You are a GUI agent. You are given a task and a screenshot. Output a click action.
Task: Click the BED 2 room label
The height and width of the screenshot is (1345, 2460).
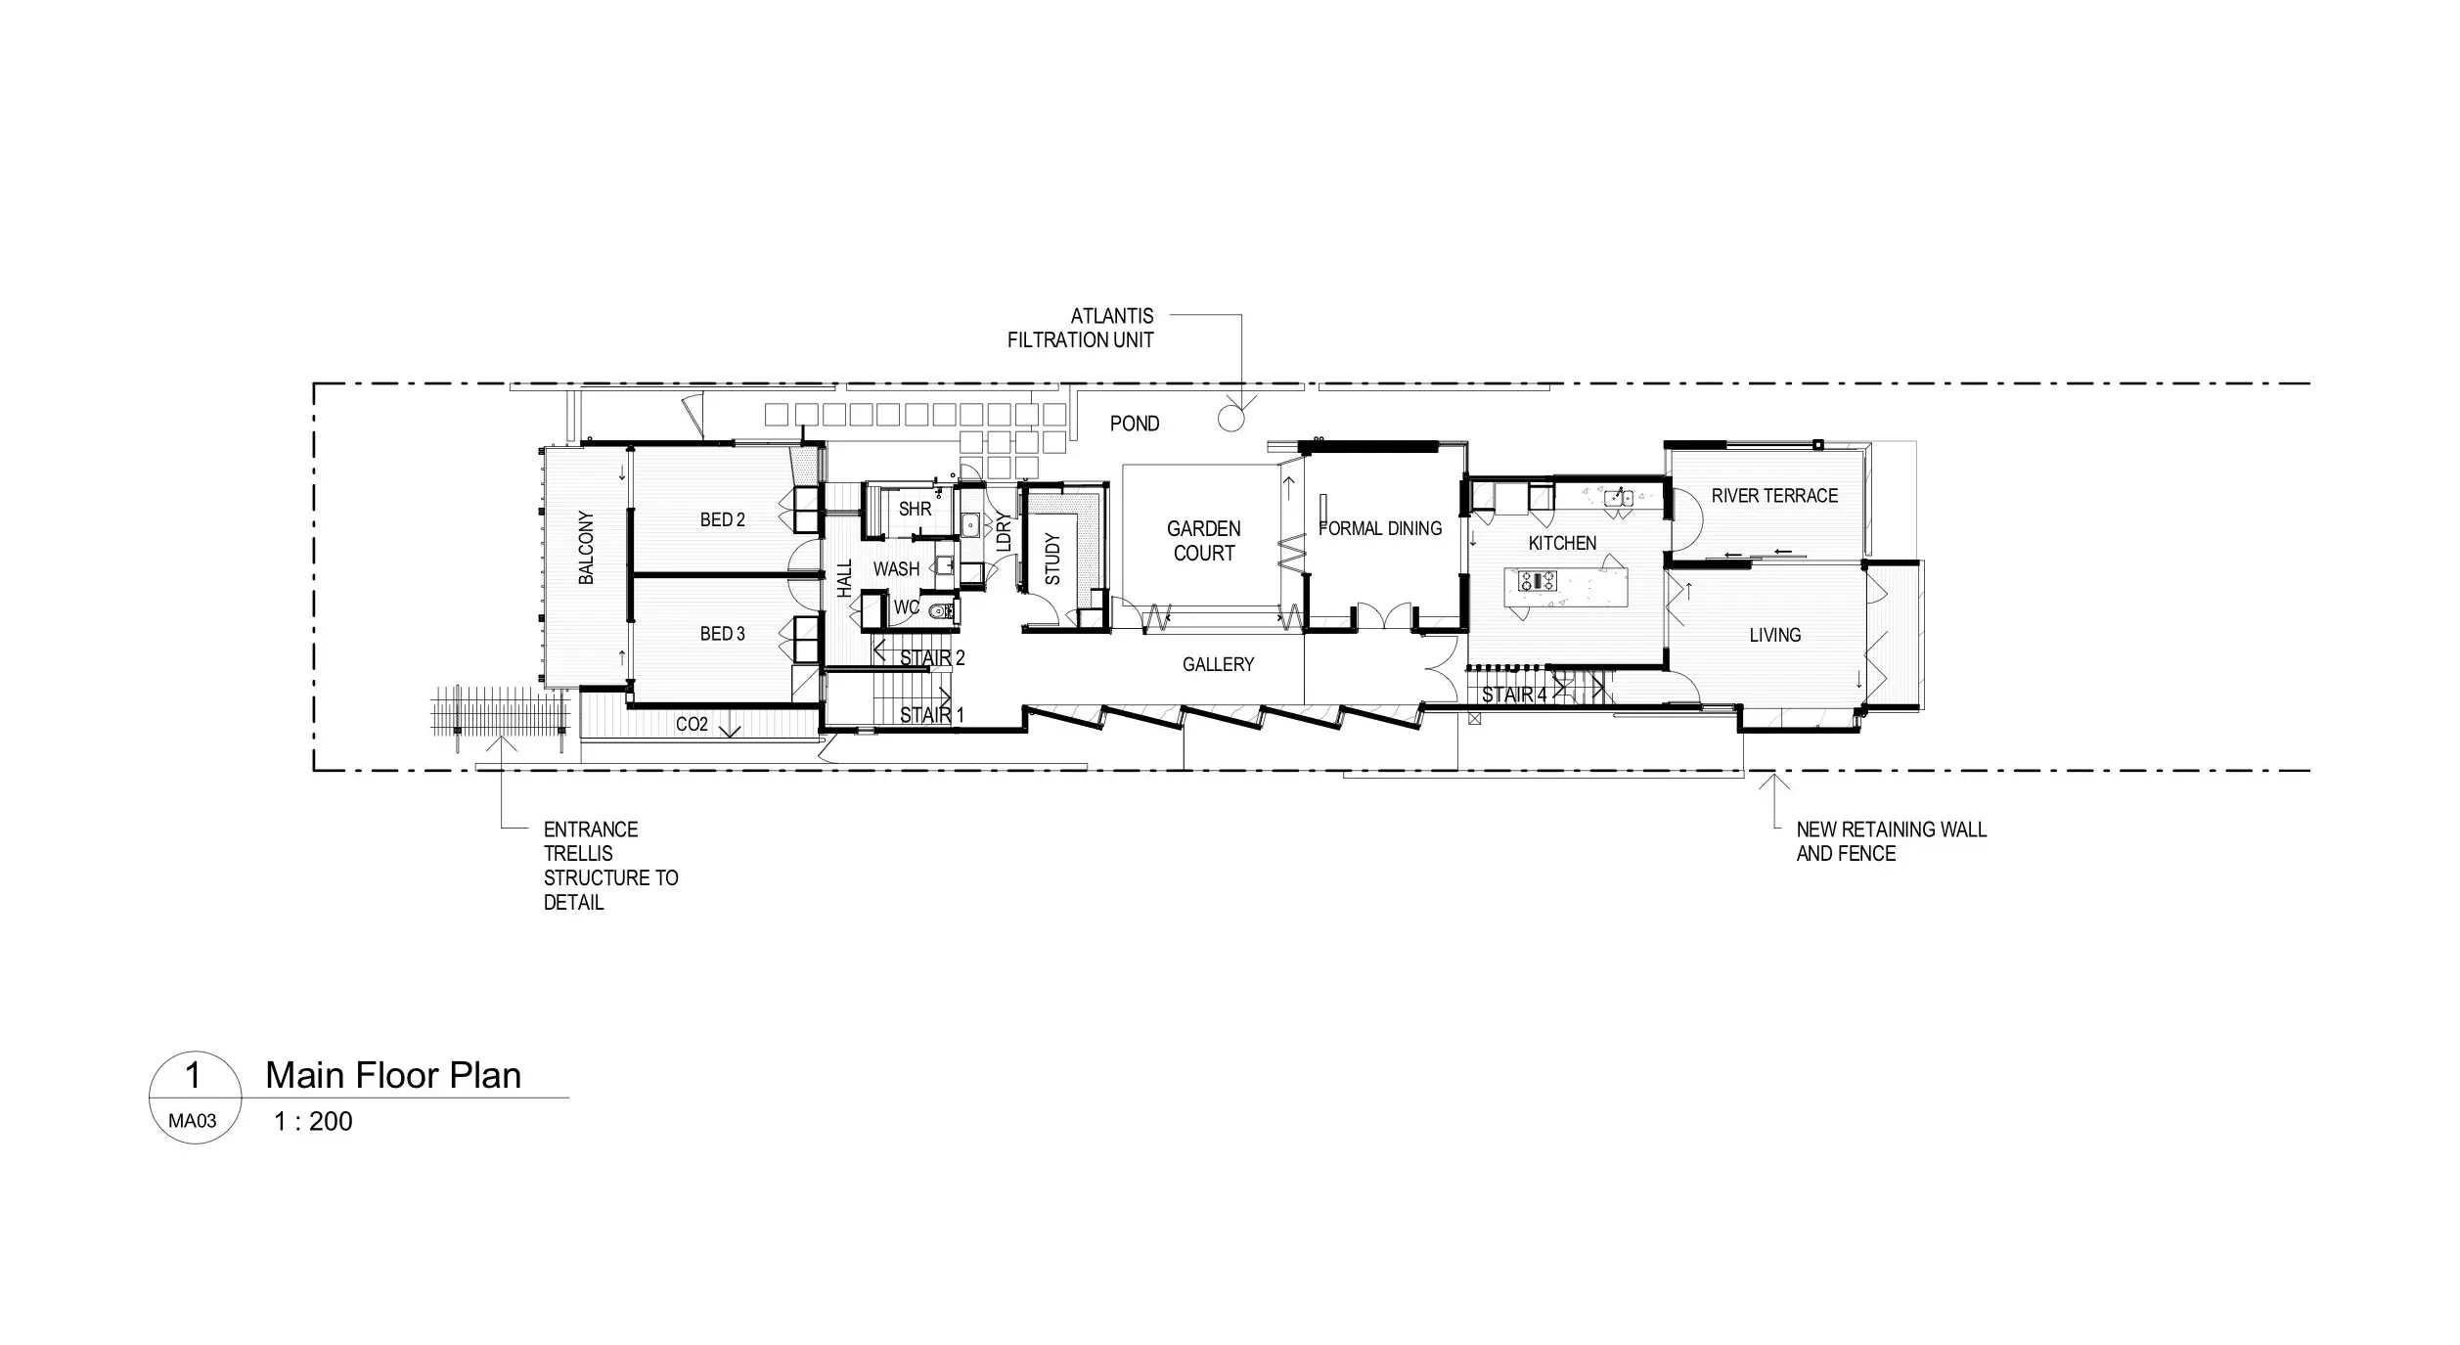(722, 520)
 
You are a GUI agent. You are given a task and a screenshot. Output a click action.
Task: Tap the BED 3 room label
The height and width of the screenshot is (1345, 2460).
(722, 635)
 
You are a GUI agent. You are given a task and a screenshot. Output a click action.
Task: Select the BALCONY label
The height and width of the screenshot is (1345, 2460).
(586, 548)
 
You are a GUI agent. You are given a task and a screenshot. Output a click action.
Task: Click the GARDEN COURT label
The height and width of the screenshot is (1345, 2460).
(1204, 541)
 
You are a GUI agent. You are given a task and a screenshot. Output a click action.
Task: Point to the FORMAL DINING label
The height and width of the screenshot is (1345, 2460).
(1380, 528)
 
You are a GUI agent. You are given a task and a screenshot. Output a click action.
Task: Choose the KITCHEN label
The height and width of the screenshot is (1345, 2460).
(1562, 543)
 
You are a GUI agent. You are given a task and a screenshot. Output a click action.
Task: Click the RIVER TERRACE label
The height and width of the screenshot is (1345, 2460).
(1774, 496)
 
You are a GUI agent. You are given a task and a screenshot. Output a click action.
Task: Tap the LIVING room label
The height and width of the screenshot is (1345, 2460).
(1774, 636)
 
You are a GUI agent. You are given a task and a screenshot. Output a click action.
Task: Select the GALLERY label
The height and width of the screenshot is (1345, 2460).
(1218, 665)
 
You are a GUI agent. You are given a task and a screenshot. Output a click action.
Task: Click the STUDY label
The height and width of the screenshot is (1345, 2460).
(1052, 559)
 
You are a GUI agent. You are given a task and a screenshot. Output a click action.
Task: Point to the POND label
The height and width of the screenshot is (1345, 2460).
(1135, 424)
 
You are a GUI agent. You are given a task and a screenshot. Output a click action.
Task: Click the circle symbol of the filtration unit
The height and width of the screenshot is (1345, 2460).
(1230, 419)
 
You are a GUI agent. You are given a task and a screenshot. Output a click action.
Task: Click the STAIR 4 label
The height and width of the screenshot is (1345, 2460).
(1514, 695)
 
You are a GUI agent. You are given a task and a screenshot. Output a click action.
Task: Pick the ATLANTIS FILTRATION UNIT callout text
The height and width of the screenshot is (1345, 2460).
(1081, 329)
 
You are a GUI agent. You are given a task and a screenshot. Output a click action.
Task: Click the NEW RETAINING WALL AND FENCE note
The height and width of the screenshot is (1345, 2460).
(1892, 841)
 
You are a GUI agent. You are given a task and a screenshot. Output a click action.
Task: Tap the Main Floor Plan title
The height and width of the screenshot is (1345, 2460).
(393, 1076)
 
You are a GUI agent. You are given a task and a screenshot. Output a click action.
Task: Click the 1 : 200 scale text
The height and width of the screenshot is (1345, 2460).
(313, 1122)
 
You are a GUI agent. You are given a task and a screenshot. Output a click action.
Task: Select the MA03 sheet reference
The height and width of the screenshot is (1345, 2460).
(193, 1121)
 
